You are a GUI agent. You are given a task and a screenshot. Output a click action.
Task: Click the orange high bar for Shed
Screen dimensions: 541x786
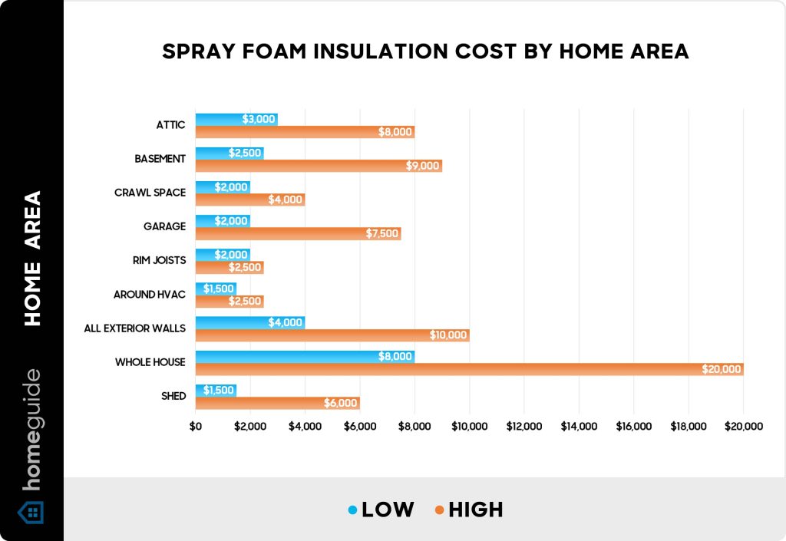pyautogui.click(x=277, y=403)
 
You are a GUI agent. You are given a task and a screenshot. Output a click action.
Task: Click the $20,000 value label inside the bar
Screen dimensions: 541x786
pyautogui.click(x=722, y=369)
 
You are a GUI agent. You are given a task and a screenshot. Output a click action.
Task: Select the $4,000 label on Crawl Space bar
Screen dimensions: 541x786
pyautogui.click(x=286, y=200)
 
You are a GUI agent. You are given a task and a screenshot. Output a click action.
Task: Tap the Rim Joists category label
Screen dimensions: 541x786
pyautogui.click(x=158, y=260)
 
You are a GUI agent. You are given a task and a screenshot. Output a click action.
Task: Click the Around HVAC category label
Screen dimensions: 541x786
pyautogui.click(x=150, y=294)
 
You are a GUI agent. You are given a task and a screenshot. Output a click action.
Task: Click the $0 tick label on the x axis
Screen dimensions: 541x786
pyautogui.click(x=196, y=427)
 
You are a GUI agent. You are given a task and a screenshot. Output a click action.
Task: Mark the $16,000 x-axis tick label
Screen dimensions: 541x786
pyautogui.click(x=633, y=427)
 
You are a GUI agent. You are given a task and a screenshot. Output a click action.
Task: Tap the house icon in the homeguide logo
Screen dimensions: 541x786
pyautogui.click(x=31, y=512)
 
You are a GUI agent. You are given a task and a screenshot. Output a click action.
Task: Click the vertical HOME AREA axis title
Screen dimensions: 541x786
pyautogui.click(x=32, y=259)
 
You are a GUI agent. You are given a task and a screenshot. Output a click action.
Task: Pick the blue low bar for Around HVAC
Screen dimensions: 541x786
pyautogui.click(x=216, y=289)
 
